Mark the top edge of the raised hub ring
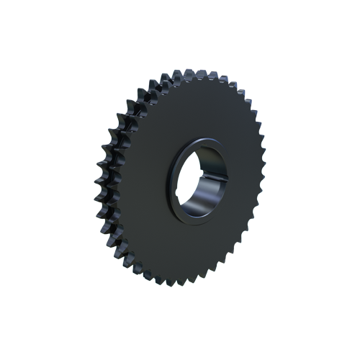click(x=202, y=138)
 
